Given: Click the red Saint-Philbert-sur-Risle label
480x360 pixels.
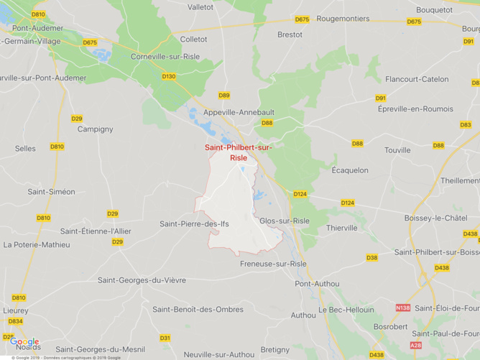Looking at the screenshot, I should [x=239, y=152].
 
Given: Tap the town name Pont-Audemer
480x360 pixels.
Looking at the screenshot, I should [x=37, y=28].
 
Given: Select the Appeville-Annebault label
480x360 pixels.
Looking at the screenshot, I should [x=239, y=112].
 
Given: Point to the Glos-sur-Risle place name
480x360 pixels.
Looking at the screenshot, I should [x=285, y=221].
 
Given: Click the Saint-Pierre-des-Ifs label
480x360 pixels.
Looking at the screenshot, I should [x=194, y=224].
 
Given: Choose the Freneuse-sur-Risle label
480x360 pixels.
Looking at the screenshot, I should [x=273, y=264].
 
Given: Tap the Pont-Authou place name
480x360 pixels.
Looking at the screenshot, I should [x=317, y=283].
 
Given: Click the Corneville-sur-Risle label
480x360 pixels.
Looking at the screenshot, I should [x=165, y=56].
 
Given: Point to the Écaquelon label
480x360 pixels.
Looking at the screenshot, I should [x=350, y=170].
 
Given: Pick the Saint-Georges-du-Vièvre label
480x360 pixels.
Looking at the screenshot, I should [x=142, y=280].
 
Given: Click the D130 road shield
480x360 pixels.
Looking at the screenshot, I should [x=169, y=76].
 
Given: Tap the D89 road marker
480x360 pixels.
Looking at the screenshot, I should [x=224, y=95].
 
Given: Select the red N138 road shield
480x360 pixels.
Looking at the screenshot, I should [x=403, y=308].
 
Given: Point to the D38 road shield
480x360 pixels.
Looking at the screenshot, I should [x=371, y=257].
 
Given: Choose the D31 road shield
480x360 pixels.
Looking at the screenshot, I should [x=165, y=338].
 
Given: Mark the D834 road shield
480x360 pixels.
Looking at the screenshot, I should [x=15, y=321].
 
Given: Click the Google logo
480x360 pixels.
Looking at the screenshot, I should [x=24, y=342].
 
